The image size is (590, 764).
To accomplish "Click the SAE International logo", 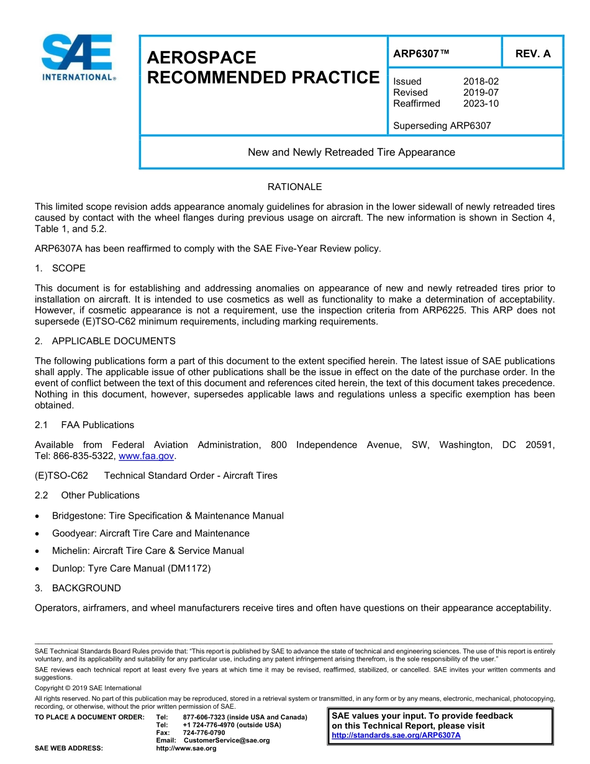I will tap(78, 57).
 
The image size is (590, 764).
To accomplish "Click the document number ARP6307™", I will tap(420, 53).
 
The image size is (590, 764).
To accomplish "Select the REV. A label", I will tap(532, 53).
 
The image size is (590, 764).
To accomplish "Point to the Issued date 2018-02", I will tap(481, 81).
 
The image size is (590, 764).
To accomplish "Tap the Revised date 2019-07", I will tap(481, 93).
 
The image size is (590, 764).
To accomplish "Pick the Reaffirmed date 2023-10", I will tap(481, 104).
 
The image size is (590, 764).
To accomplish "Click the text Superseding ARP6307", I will tap(442, 125).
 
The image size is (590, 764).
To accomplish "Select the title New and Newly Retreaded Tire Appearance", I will tap(351, 152).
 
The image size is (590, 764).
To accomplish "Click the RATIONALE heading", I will tap(294, 187).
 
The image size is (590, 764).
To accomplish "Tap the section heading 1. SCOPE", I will tap(60, 268).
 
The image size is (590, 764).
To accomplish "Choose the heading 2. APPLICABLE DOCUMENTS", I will tap(105, 341).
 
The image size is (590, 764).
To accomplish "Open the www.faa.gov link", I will tap(147, 456).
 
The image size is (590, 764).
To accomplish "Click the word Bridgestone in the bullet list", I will tap(78, 516).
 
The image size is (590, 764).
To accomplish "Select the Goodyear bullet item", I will tap(150, 533).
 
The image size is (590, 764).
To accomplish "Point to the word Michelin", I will tap(70, 550).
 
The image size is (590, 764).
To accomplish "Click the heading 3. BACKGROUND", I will tap(78, 588).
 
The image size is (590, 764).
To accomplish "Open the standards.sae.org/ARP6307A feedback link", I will tap(396, 735).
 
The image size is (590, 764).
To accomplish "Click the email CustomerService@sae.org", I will tap(227, 740).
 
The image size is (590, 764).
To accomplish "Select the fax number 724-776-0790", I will tap(204, 732).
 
